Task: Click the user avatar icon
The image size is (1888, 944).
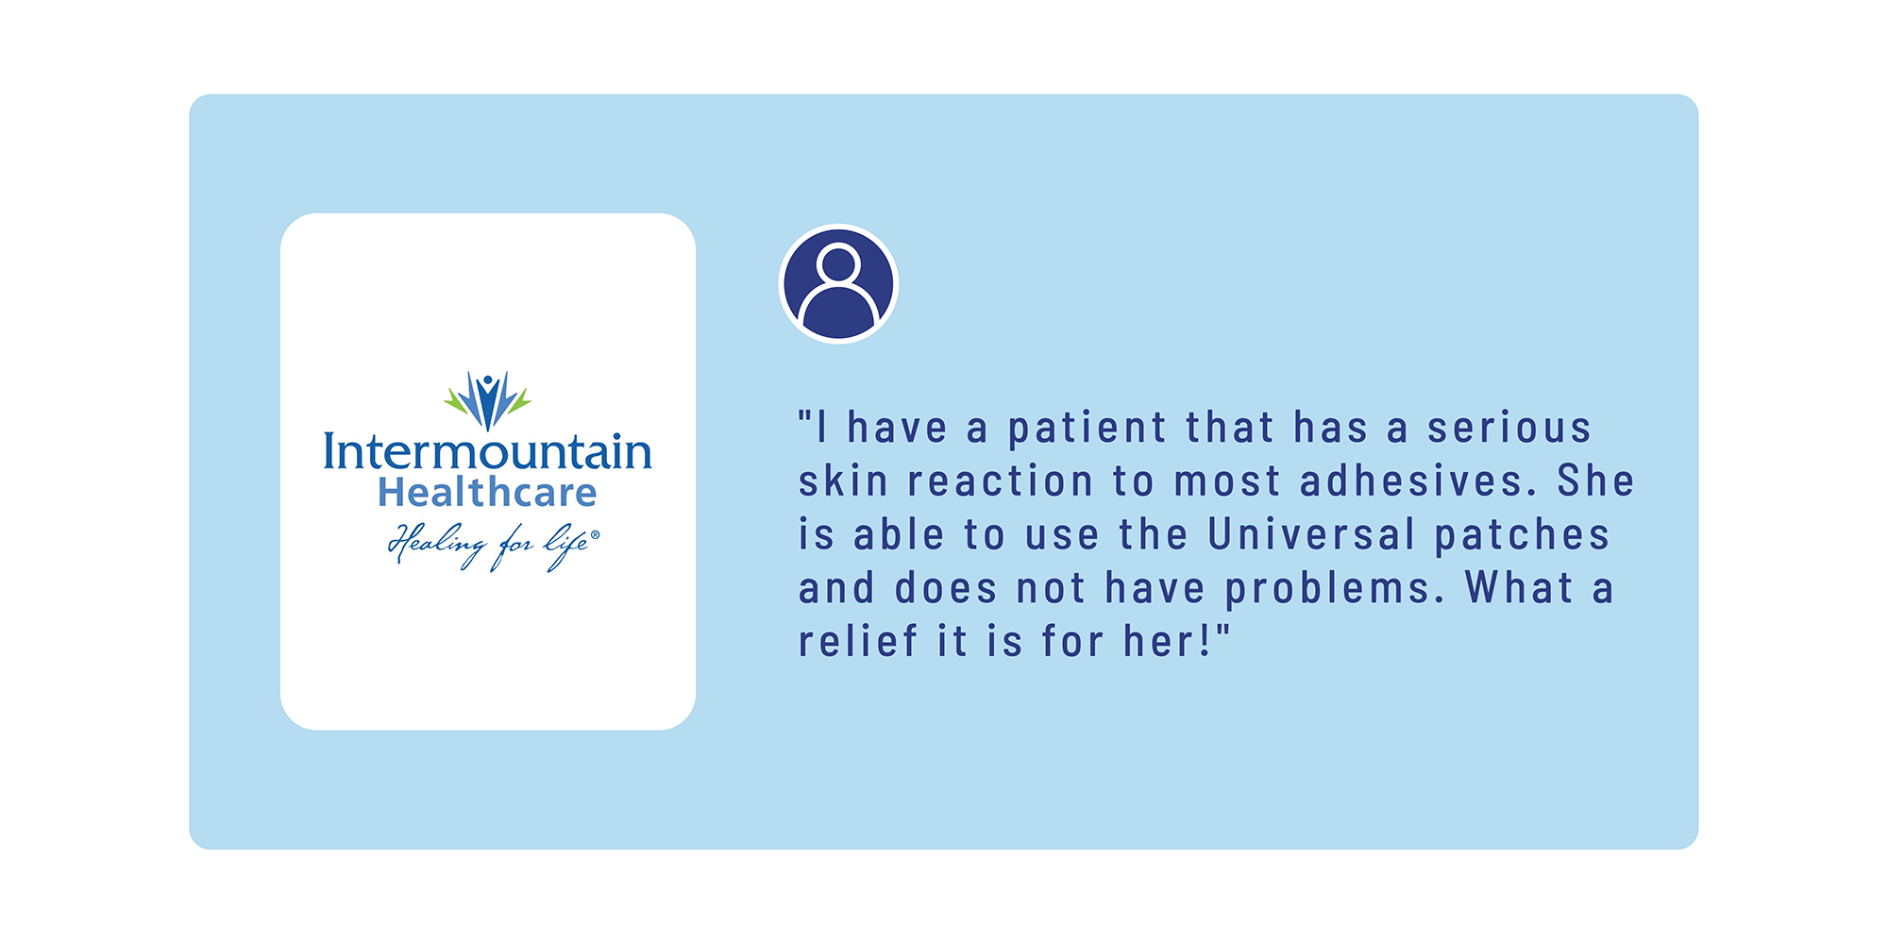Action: point(838,284)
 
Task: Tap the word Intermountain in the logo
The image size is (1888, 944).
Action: point(487,451)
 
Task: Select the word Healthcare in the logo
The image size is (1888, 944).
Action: point(487,493)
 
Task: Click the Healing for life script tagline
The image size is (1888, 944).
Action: point(494,547)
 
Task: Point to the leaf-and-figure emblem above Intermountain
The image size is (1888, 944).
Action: point(487,400)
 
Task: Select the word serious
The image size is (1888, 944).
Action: point(1509,428)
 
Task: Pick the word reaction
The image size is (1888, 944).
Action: point(1001,481)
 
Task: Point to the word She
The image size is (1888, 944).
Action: point(1595,480)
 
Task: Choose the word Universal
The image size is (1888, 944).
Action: point(1312,534)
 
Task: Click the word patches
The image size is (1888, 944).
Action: point(1522,535)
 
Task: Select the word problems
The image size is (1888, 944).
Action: point(1335,589)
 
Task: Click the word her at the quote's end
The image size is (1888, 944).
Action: point(1159,641)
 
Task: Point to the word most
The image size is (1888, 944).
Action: point(1226,482)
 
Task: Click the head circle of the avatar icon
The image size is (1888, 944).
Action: point(838,263)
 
